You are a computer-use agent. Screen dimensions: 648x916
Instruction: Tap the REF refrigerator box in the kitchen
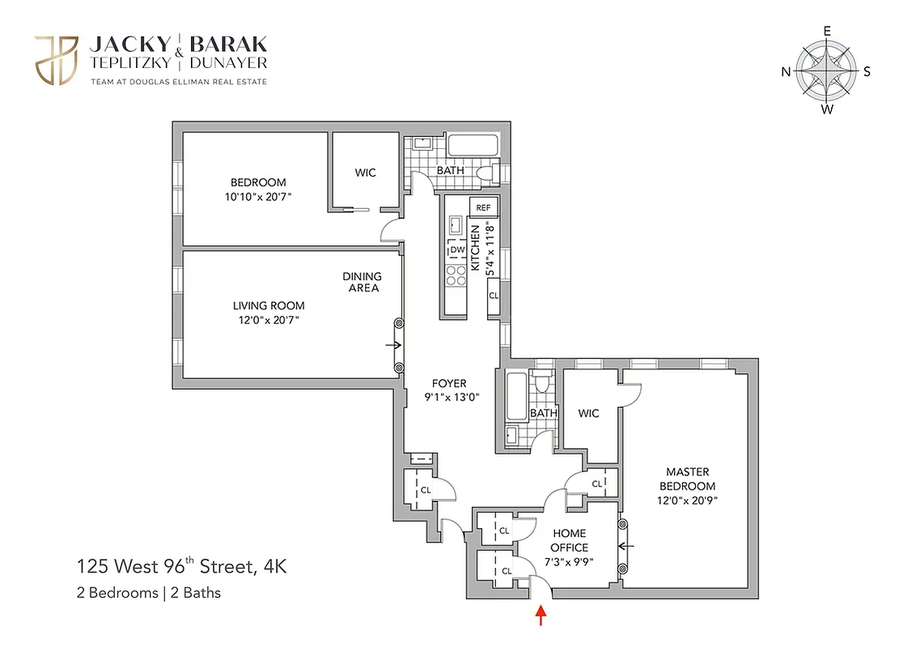click(x=483, y=207)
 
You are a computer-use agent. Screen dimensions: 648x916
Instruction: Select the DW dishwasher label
click(x=457, y=250)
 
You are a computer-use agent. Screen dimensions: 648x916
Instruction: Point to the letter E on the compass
click(x=827, y=31)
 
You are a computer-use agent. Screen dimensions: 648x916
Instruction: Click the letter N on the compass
click(x=785, y=71)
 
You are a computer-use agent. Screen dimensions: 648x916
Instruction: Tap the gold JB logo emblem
click(x=55, y=59)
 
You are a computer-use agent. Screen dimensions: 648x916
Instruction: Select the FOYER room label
click(x=449, y=384)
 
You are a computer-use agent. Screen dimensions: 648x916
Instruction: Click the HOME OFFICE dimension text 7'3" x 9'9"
click(x=570, y=561)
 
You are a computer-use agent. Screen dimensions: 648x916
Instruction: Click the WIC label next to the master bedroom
click(x=589, y=414)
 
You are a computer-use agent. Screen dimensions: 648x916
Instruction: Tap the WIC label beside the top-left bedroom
click(x=365, y=173)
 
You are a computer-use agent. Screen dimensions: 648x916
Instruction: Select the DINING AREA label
click(x=363, y=281)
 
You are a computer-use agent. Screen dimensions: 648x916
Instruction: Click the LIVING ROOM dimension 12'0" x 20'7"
click(x=269, y=319)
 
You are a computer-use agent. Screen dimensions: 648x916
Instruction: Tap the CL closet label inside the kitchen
click(x=493, y=296)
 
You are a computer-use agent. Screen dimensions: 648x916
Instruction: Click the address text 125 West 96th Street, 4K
click(x=181, y=565)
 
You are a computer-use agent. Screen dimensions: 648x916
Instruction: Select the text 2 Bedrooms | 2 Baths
click(x=148, y=592)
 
